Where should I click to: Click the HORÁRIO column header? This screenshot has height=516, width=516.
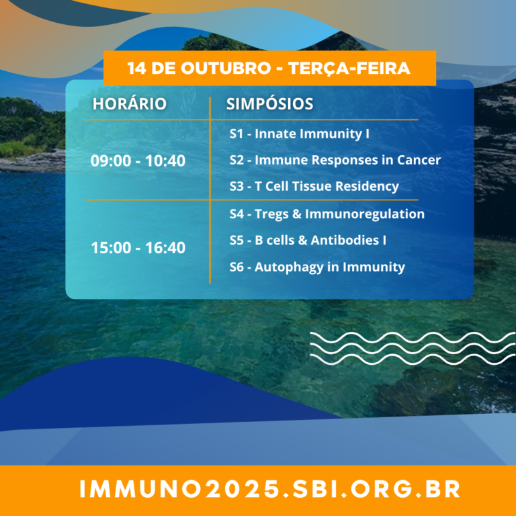(129, 103)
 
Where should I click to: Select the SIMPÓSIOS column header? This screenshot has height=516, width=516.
(269, 103)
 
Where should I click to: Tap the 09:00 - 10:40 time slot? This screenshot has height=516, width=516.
(138, 161)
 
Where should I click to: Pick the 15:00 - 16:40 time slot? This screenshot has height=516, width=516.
(138, 247)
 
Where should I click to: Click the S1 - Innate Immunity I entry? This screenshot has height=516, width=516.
(299, 134)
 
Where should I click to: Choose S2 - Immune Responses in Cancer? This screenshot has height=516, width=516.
(335, 160)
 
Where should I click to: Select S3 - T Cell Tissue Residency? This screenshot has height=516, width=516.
(314, 186)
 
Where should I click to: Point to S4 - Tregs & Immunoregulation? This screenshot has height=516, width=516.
(327, 214)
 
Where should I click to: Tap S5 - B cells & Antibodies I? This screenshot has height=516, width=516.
(308, 241)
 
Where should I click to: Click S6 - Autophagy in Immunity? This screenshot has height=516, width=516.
(317, 267)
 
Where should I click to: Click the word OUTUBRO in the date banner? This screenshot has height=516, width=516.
(226, 68)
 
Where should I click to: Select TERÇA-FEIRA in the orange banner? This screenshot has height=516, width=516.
(349, 68)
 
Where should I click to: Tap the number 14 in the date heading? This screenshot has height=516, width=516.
(136, 68)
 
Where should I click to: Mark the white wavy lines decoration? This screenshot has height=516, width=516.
(413, 349)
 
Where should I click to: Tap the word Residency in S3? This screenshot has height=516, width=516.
(367, 187)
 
